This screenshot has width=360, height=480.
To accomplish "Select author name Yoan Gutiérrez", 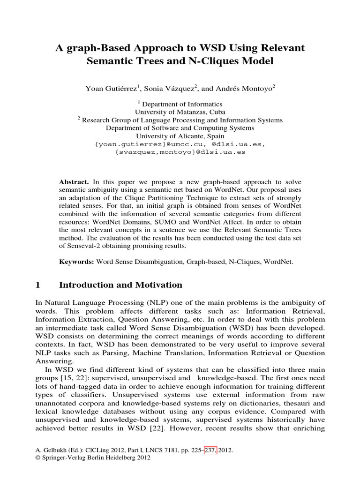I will (113, 88).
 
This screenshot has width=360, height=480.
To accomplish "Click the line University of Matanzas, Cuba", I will (180, 112).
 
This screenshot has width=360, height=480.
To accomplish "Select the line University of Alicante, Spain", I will (180, 136).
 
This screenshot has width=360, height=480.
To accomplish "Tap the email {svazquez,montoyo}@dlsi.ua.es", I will (180, 152).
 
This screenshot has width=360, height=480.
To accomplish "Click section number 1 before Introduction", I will (39, 285).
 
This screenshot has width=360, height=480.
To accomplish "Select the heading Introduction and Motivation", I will (120, 285).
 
